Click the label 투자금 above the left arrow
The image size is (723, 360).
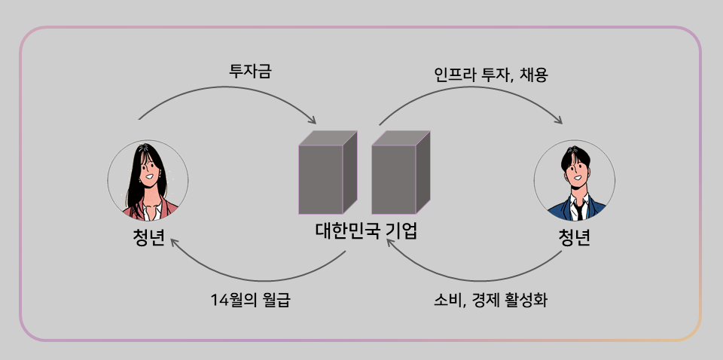point(250,72)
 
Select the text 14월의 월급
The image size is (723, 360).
point(250,301)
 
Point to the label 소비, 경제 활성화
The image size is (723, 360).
point(490,301)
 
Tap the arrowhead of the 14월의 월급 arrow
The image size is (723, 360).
point(172,242)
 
